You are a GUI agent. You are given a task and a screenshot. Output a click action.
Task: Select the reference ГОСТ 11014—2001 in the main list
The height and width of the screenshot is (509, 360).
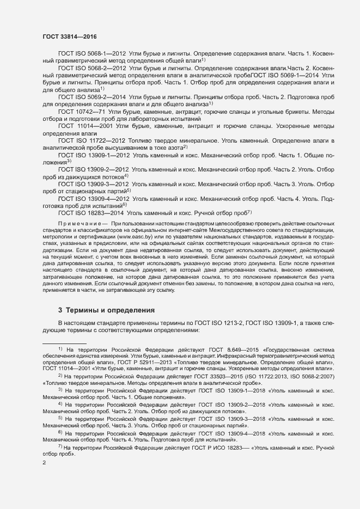(84, 126)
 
